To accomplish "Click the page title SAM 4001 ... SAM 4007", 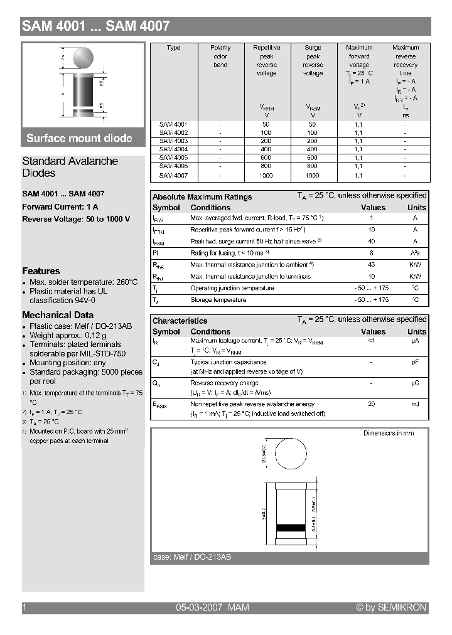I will (x=96, y=26).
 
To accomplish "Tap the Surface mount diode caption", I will (x=79, y=138).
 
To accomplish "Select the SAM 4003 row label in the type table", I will (x=173, y=141).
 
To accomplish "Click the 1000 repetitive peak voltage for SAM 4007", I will (x=266, y=176).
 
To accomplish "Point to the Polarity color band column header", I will (x=220, y=56).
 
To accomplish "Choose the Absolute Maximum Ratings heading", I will (x=202, y=197).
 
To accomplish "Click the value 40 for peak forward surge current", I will (x=372, y=242).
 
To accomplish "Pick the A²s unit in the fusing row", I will (x=415, y=253).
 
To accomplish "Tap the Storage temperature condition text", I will (x=218, y=300).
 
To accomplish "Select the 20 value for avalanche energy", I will (x=372, y=405).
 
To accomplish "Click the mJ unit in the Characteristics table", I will (x=415, y=405).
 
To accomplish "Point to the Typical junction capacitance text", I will (x=228, y=362).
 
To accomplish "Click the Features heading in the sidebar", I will (x=41, y=271).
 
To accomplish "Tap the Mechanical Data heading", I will (x=58, y=315).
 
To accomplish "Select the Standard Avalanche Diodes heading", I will (x=70, y=167).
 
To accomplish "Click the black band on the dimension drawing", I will (x=290, y=528).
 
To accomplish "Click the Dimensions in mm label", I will (x=389, y=434).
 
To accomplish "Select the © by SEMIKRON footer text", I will (x=390, y=607).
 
